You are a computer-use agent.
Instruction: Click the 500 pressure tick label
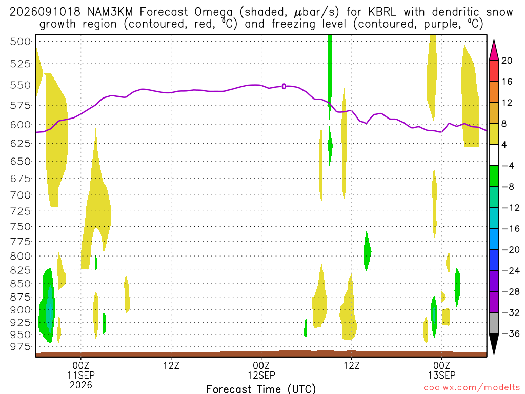click(x=20, y=42)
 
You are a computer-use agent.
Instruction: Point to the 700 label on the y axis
click(x=20, y=195)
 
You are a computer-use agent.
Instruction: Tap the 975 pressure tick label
click(x=20, y=346)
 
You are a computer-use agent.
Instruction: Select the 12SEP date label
click(x=261, y=375)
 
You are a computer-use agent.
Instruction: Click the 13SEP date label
click(x=441, y=375)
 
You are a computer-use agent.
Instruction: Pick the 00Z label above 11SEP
click(x=81, y=365)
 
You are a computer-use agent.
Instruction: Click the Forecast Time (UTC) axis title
click(x=261, y=389)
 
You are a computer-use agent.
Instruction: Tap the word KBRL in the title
click(x=382, y=12)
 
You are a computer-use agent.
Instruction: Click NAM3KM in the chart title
click(x=110, y=12)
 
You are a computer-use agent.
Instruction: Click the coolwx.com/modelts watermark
click(x=472, y=387)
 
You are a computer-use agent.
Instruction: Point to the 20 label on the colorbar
click(x=507, y=61)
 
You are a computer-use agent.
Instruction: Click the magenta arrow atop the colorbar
click(x=494, y=50)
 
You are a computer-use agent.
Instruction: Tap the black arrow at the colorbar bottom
click(x=494, y=344)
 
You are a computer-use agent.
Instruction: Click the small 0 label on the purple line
click(x=284, y=86)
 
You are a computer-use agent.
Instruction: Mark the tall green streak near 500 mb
click(x=330, y=76)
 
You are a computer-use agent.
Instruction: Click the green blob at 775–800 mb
click(x=367, y=251)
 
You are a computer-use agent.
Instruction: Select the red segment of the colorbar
click(x=494, y=71)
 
